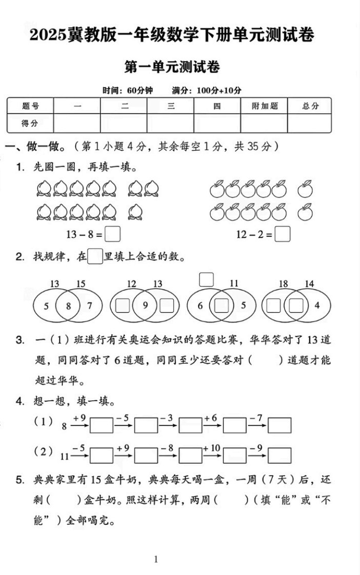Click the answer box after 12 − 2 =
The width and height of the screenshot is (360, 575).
click(282, 234)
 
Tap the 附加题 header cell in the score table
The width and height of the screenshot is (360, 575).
click(264, 106)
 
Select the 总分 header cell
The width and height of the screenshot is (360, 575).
click(310, 106)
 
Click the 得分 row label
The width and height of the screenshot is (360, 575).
click(30, 123)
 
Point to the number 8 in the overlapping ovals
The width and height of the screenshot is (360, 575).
click(68, 306)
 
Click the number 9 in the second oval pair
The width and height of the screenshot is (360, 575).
click(145, 306)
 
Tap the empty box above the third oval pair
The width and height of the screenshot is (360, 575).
click(206, 279)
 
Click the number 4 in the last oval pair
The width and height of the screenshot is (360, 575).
click(317, 306)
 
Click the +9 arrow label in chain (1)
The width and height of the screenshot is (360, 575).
click(79, 418)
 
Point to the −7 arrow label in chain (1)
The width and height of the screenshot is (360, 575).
click(256, 418)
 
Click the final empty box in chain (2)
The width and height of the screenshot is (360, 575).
click(279, 455)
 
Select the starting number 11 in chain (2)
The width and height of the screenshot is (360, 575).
click(65, 455)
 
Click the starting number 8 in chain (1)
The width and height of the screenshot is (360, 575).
click(64, 425)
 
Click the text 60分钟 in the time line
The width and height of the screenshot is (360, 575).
click(141, 91)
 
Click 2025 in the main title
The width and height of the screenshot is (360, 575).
click(48, 35)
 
